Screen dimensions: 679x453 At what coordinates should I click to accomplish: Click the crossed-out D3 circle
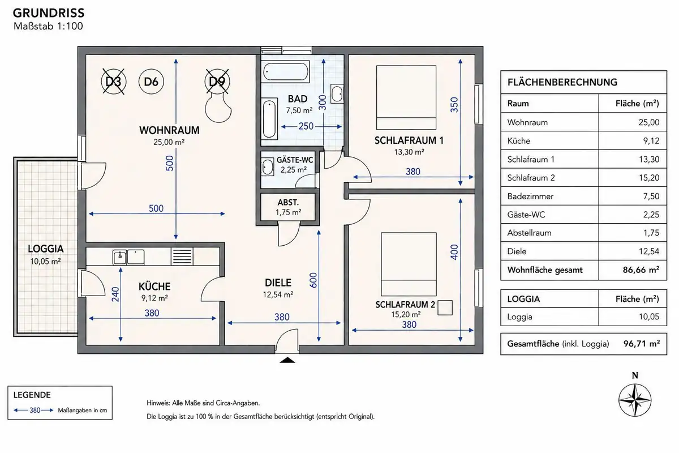(113, 82)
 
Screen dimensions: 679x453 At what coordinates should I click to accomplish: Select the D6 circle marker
(151, 82)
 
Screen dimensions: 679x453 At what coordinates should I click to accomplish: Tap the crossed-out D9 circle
(217, 82)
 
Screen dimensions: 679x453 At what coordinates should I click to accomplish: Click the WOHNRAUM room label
(169, 130)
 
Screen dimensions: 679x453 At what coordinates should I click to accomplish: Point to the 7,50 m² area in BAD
(299, 110)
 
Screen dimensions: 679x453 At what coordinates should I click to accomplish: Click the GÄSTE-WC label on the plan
(295, 160)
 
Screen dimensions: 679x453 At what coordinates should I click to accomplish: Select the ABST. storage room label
(288, 202)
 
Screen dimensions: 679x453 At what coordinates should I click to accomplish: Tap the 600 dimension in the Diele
(313, 280)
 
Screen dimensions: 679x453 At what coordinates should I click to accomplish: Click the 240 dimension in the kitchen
(115, 294)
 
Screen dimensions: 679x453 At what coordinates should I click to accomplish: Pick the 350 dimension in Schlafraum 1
(454, 105)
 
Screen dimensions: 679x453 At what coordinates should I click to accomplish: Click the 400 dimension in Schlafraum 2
(454, 252)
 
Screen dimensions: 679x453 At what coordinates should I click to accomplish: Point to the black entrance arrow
(287, 360)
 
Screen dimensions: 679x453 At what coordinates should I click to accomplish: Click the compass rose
(635, 400)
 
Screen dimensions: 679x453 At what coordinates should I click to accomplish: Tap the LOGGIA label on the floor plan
(46, 249)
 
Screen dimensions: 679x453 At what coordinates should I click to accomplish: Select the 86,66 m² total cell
(641, 270)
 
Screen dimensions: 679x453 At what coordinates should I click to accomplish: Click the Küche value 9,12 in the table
(651, 141)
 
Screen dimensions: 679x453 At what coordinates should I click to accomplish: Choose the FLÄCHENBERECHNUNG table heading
(562, 82)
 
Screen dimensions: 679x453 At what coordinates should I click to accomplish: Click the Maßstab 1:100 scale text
(48, 26)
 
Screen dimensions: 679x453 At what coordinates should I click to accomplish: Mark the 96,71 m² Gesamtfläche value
(642, 344)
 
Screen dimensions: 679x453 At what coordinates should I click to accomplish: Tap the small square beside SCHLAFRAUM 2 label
(445, 307)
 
